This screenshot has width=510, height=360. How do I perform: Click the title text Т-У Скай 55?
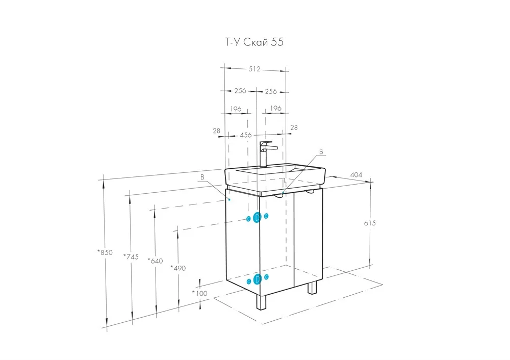click(254, 42)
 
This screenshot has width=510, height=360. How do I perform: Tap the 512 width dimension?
click(254, 69)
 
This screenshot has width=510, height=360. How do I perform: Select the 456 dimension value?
click(246, 135)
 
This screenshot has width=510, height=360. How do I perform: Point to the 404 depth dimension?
click(356, 174)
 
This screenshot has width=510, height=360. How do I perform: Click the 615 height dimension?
click(370, 223)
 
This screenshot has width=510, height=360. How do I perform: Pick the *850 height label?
click(105, 252)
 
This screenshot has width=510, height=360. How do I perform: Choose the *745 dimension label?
click(131, 256)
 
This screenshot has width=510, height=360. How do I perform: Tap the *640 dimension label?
click(155, 261)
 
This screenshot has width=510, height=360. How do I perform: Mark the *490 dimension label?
click(178, 268)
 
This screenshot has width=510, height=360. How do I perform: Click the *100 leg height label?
click(200, 293)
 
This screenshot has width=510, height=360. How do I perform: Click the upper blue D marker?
click(257, 218)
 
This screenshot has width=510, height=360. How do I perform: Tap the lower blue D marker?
click(257, 279)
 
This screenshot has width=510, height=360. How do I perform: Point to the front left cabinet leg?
click(261, 302)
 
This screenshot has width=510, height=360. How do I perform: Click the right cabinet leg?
click(312, 288)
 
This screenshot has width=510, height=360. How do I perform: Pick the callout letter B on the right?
click(321, 151)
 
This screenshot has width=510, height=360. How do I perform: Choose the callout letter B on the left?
click(202, 177)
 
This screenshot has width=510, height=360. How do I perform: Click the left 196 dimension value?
click(236, 109)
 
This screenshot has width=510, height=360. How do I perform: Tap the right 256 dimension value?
click(271, 91)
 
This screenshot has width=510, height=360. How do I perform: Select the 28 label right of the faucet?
click(294, 127)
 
